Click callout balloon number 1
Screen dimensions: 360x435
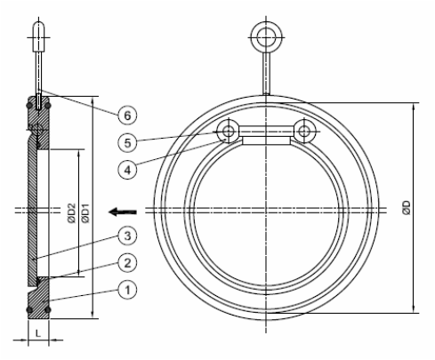pyautogui.click(x=127, y=289)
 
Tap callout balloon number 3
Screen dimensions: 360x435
pyautogui.click(x=127, y=236)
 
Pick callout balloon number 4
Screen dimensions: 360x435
pyautogui.click(x=127, y=166)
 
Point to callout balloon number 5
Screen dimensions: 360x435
pyautogui.click(x=127, y=140)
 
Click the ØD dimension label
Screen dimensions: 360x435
pyautogui.click(x=407, y=210)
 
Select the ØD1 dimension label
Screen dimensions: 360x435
pyautogui.click(x=85, y=213)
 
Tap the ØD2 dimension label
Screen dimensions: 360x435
pyautogui.click(x=71, y=213)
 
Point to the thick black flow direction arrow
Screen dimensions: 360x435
pyautogui.click(x=120, y=211)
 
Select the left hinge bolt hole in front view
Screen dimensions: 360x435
pyautogui.click(x=229, y=132)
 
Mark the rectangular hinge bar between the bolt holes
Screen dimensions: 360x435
pyautogui.click(x=267, y=139)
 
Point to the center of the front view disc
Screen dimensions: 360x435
pyautogui.click(x=267, y=211)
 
